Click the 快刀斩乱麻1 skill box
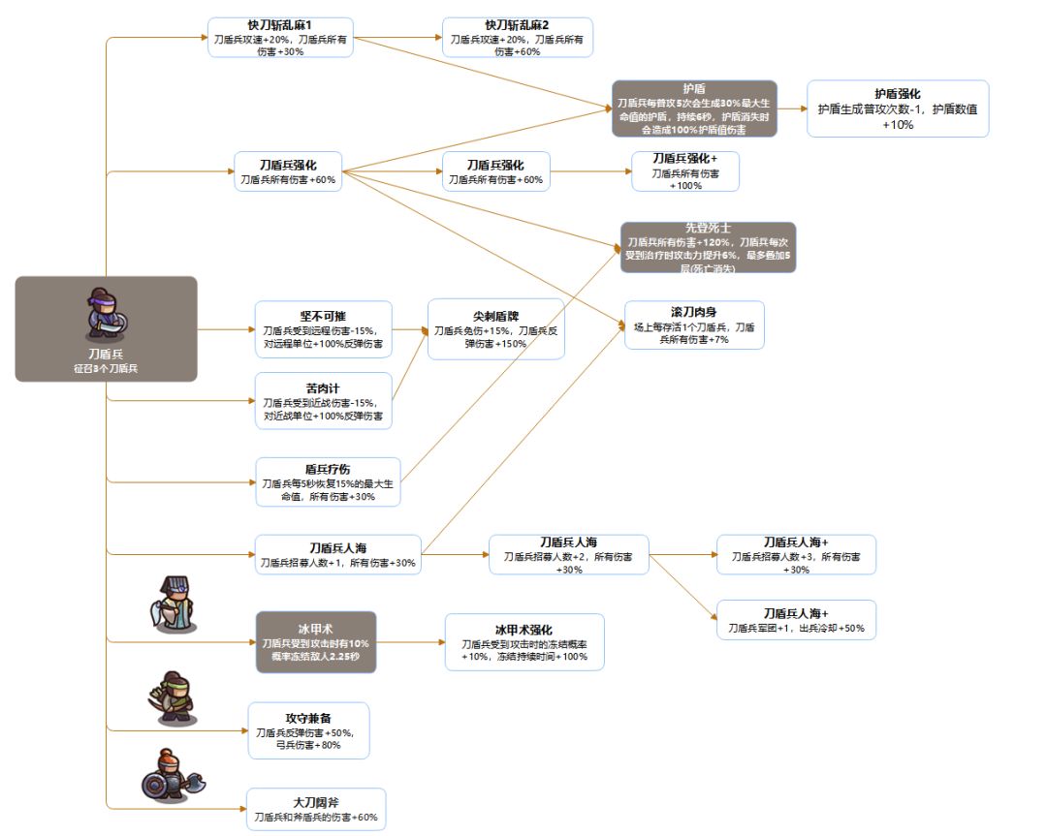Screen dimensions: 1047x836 pyautogui.click(x=280, y=38)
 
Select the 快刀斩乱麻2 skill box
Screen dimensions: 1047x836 pyautogui.click(x=518, y=38)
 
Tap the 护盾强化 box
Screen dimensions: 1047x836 pyautogui.click(x=898, y=108)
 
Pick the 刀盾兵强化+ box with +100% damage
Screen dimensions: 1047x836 pyautogui.click(x=685, y=171)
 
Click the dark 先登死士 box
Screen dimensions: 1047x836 pyautogui.click(x=708, y=248)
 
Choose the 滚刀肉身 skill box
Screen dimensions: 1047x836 pyautogui.click(x=694, y=325)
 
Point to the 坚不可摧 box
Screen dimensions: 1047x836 pyautogui.click(x=323, y=329)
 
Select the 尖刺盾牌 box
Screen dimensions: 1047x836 pyautogui.click(x=496, y=329)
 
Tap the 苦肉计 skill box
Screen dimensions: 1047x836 pyautogui.click(x=323, y=401)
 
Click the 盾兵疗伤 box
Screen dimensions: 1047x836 pyautogui.click(x=328, y=481)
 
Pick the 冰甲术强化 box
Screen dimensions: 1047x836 pyautogui.click(x=524, y=642)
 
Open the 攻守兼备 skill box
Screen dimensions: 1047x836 pyautogui.click(x=308, y=730)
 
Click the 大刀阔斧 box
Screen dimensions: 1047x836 pyautogui.click(x=316, y=809)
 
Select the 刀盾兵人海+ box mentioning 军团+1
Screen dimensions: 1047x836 pyautogui.click(x=796, y=620)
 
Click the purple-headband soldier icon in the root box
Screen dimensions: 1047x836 pyautogui.click(x=106, y=314)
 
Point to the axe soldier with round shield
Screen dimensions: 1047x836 pyautogui.click(x=173, y=775)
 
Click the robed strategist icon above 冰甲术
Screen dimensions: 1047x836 pyautogui.click(x=173, y=604)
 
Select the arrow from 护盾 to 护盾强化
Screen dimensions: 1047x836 pyautogui.click(x=792, y=108)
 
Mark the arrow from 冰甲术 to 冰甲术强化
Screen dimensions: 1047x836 pyautogui.click(x=411, y=642)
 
